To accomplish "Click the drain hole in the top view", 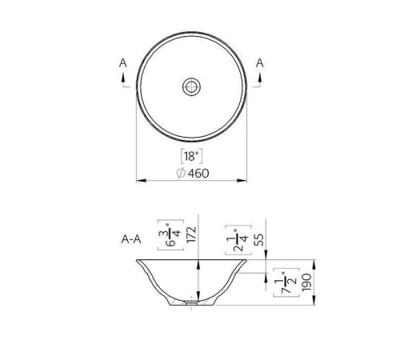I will (x=192, y=86).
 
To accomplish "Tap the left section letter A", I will (x=122, y=62).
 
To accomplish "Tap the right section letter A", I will (x=261, y=62).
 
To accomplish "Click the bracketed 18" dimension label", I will (x=192, y=156).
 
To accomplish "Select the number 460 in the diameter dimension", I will (x=198, y=173).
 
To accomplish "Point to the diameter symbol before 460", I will (x=181, y=173).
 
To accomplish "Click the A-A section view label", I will (x=132, y=238).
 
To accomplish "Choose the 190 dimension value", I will (x=306, y=281).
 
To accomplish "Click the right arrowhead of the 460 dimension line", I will (x=244, y=180).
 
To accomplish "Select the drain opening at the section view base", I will (x=192, y=304).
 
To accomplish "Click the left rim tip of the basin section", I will (x=137, y=260).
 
